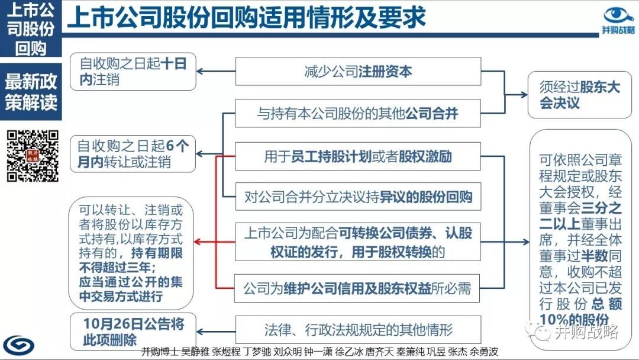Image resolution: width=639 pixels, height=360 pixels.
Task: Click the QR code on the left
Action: click(x=33, y=155)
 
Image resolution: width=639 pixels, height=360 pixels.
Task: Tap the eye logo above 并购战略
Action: click(x=618, y=15)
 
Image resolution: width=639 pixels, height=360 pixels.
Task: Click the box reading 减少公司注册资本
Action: click(x=358, y=71)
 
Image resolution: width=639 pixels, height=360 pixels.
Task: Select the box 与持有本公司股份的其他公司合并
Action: click(x=358, y=113)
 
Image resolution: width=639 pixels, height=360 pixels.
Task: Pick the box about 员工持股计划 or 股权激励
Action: click(x=358, y=156)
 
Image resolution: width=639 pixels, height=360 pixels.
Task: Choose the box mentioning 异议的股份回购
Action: click(x=358, y=197)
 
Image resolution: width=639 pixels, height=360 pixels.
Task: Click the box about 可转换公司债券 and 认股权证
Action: click(x=358, y=242)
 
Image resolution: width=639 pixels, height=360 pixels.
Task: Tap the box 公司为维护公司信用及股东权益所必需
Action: click(x=357, y=288)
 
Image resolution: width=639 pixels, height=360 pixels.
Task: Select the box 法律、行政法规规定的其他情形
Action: click(x=358, y=329)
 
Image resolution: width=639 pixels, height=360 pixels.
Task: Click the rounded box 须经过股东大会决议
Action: click(x=579, y=95)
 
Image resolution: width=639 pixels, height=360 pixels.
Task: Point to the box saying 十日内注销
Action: click(x=133, y=71)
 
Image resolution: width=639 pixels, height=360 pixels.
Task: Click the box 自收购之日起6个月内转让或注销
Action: click(x=133, y=154)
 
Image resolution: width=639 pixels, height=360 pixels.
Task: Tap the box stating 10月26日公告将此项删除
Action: click(x=133, y=332)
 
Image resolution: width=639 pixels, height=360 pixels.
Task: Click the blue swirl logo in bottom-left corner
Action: click(x=19, y=346)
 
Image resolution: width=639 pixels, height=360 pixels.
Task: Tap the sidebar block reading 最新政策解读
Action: click(x=31, y=92)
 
